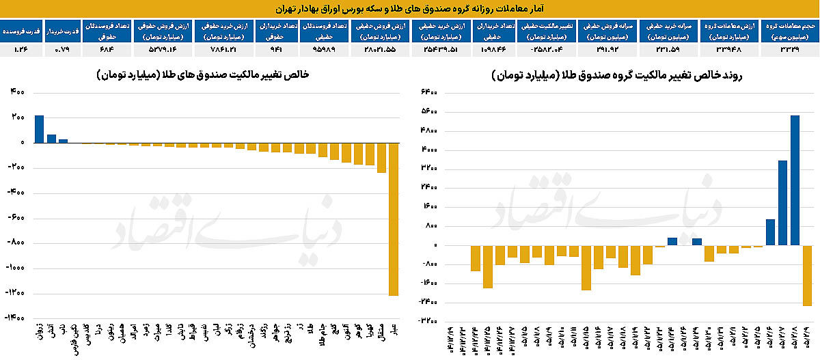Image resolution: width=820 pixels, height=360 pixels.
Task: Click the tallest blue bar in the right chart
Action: point(795,180)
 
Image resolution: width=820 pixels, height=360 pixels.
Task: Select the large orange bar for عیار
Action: point(394,219)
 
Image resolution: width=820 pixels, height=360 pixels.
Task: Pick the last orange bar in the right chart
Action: point(807,275)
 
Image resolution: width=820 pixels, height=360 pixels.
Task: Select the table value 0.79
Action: point(63,49)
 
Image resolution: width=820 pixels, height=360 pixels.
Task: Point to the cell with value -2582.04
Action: point(549,49)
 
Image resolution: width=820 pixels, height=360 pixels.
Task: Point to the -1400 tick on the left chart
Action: point(16,318)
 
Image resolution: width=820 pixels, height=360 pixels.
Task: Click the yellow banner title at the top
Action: point(410,8)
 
